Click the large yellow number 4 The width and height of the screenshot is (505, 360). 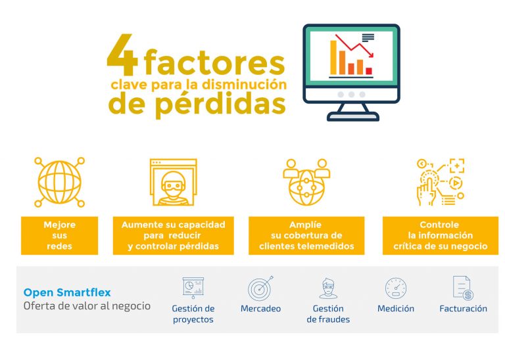tap(123, 55)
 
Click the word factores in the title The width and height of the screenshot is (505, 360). tap(214, 62)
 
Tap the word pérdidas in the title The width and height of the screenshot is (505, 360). tap(221, 104)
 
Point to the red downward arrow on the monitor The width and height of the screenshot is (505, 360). tap(354, 46)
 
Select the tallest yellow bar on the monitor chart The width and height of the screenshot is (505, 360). tap(333, 58)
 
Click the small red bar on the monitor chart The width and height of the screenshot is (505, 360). tap(369, 71)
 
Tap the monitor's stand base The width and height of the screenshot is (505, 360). tap(353, 116)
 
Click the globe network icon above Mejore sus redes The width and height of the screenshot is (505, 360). tap(60, 182)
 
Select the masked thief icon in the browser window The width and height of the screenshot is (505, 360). tap(174, 182)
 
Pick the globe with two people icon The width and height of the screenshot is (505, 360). tap(306, 182)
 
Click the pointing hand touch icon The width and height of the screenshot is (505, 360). tap(441, 182)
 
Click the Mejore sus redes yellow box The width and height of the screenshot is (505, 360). tap(60, 235)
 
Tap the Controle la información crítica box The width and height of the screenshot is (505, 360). tap(441, 235)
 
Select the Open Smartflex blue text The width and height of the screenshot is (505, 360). tap(67, 292)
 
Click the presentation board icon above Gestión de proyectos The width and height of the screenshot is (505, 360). tap(193, 288)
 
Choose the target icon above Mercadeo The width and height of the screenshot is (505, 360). tap(260, 288)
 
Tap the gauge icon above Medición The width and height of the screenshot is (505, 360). tap(396, 288)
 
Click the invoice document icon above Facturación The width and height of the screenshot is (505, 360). tap(463, 288)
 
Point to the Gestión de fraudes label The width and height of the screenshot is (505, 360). tap(328, 314)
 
